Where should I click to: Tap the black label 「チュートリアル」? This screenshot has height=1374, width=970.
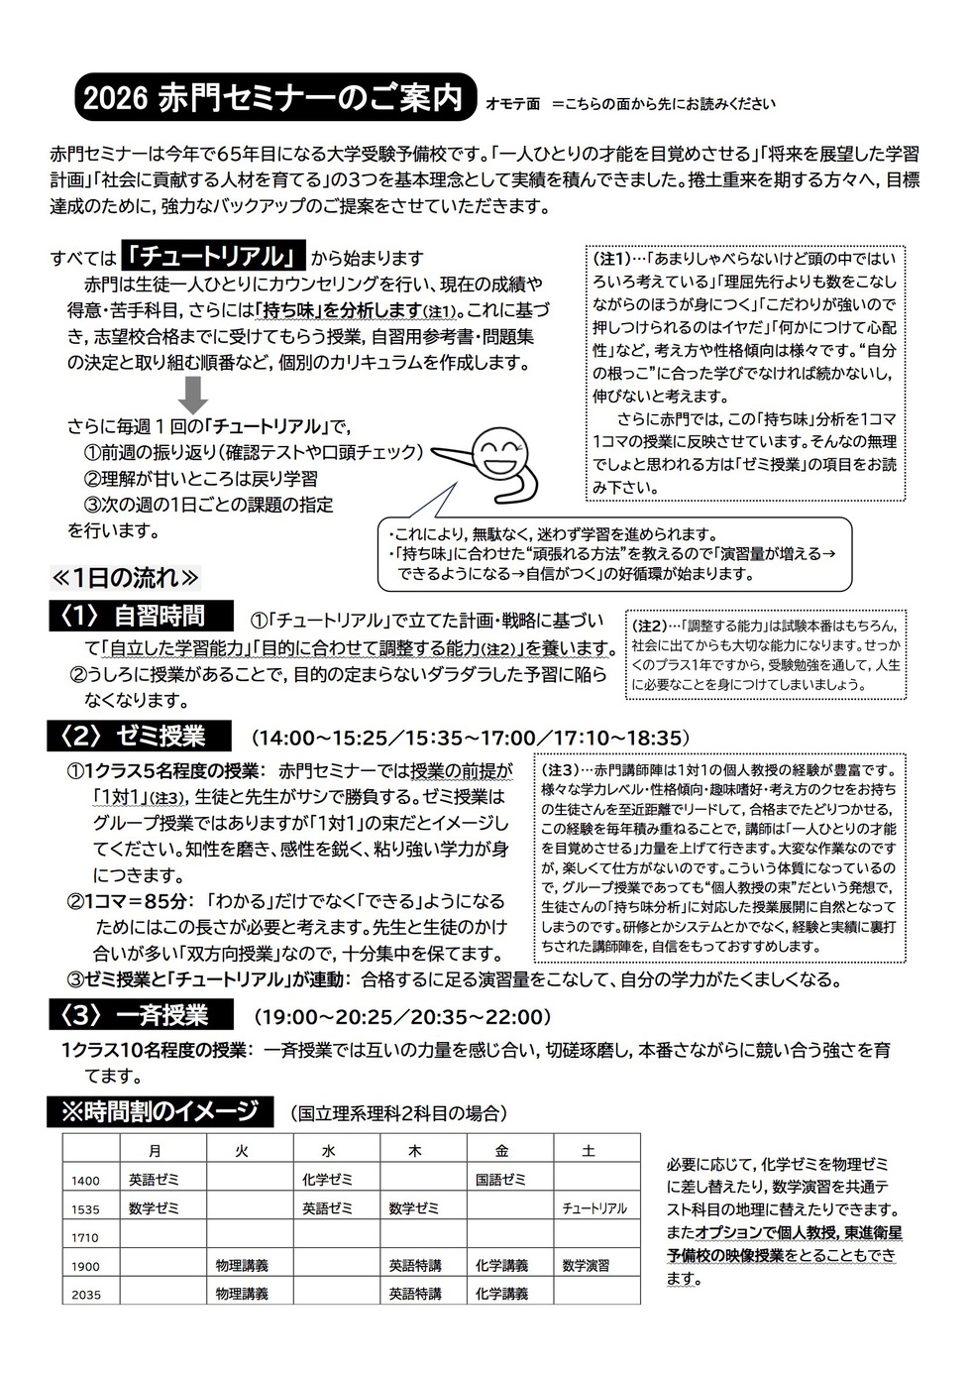212,257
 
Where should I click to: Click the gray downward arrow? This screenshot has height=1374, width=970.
194,394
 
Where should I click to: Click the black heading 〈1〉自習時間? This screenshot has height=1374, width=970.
141,617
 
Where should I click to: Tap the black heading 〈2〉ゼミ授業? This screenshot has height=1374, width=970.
140,737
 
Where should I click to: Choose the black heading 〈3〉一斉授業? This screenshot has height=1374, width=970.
141,1016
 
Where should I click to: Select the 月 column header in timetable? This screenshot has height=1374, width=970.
155,1151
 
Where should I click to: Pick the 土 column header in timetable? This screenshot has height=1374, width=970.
589,1151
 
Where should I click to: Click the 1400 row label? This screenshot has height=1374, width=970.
86,1180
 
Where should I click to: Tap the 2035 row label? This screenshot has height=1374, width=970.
86,1294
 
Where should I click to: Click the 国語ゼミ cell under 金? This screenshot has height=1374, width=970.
501,1180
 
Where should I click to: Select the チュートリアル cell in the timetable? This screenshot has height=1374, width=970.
594,1208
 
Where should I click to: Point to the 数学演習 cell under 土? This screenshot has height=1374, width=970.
586,1266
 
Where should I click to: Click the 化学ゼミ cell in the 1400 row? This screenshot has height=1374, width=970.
327,1180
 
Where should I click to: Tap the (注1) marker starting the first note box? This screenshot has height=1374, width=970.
610,258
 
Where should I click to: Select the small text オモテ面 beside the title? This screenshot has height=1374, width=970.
512,103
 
